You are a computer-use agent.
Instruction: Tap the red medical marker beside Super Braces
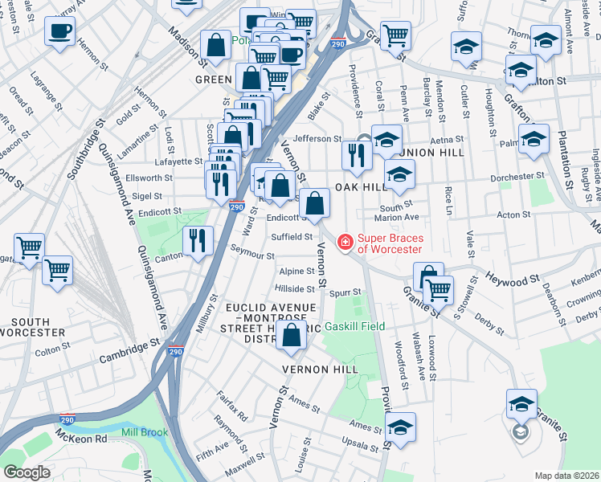tap(345, 241)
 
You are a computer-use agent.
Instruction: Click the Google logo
tap(27, 472)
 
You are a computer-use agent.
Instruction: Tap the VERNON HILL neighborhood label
tap(317, 369)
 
